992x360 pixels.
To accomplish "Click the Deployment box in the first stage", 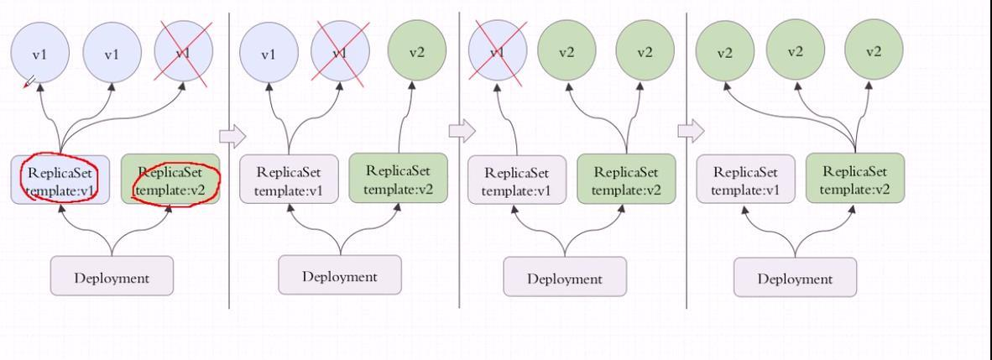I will click(112, 277).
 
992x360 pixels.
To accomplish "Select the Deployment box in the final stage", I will click(795, 278).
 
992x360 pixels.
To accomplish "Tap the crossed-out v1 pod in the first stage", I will click(184, 54).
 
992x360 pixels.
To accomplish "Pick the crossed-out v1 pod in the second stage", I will click(340, 54).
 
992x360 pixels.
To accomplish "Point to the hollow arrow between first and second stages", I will click(232, 134).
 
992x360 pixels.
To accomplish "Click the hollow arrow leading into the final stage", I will click(691, 130).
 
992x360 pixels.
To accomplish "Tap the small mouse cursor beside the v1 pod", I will click(29, 82).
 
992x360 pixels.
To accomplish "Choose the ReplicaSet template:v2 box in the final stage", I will click(854, 179).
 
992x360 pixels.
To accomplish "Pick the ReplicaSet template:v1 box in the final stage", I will click(745, 180).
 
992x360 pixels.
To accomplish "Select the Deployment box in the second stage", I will click(340, 276).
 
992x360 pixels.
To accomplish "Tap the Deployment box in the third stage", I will click(565, 278).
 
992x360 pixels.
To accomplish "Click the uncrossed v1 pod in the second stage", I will click(268, 55).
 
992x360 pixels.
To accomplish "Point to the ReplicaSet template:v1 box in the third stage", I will click(516, 180).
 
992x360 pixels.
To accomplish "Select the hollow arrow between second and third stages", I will click(462, 130).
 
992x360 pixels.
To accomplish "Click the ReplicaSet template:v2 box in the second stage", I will click(398, 179).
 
